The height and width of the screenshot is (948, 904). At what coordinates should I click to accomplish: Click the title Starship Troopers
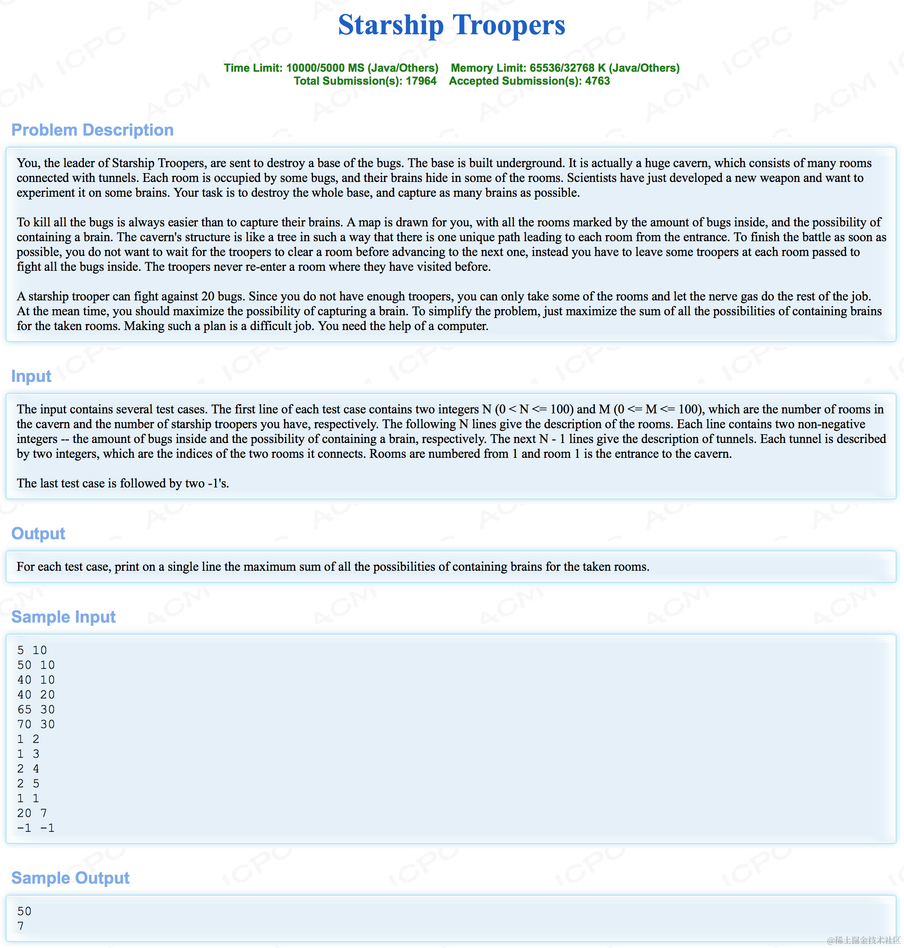click(x=452, y=25)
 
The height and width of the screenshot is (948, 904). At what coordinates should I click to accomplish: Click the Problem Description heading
click(x=92, y=130)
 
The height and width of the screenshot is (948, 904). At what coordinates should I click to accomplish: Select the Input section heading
click(x=31, y=376)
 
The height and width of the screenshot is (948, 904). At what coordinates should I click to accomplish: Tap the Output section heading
click(x=38, y=533)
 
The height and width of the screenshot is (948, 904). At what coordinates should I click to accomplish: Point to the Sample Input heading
click(x=63, y=617)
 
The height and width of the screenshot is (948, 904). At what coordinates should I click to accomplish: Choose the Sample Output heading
click(x=70, y=878)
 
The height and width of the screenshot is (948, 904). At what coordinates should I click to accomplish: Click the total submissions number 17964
click(x=421, y=81)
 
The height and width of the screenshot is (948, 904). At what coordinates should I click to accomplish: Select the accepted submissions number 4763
click(x=597, y=81)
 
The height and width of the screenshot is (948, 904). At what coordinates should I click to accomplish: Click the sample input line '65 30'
click(x=36, y=709)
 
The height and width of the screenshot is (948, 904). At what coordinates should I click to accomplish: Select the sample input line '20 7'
click(x=32, y=813)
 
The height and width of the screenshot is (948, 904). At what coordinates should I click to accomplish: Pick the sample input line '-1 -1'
click(x=36, y=828)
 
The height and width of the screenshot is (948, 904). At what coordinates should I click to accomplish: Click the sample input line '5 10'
click(x=32, y=650)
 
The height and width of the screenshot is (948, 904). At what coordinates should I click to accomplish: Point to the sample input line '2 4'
click(x=28, y=768)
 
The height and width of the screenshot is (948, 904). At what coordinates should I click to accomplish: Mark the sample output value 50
click(x=25, y=911)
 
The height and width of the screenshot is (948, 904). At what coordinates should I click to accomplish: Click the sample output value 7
click(x=21, y=926)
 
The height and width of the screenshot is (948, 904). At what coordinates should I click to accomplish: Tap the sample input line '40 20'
click(x=36, y=694)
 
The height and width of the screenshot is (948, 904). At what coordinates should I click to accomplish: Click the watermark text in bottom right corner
click(x=864, y=940)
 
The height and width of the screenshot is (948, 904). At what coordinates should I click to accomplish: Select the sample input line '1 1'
click(x=28, y=798)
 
